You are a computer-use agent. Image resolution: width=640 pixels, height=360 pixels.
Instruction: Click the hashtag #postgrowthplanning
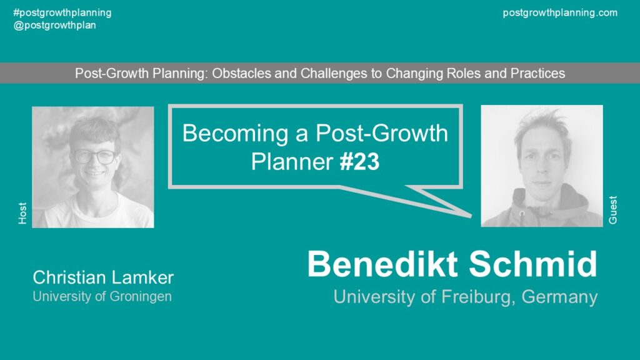coord(62,13)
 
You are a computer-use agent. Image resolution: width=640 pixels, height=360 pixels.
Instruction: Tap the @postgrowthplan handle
coord(55,25)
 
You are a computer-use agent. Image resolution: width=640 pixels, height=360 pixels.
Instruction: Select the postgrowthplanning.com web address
coord(560,13)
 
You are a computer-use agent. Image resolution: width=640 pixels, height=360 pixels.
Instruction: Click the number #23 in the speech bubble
coord(359,162)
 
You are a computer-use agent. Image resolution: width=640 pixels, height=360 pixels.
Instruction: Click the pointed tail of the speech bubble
coord(470,216)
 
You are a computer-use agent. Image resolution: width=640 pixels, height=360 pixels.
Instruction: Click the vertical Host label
coord(22,212)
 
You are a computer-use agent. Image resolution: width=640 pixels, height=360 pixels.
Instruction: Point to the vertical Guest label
coord(612,210)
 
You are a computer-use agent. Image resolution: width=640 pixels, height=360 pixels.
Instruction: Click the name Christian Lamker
coord(103,277)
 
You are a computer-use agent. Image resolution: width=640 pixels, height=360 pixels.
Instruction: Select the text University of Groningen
coord(102,296)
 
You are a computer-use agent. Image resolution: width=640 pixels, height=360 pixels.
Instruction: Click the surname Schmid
coord(533,264)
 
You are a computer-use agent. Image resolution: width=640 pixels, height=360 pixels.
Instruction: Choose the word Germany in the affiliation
coord(559,297)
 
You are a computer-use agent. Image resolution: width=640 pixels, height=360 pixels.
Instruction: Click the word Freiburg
coord(476,297)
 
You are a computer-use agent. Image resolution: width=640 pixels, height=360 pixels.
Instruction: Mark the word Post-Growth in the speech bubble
coord(382,134)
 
